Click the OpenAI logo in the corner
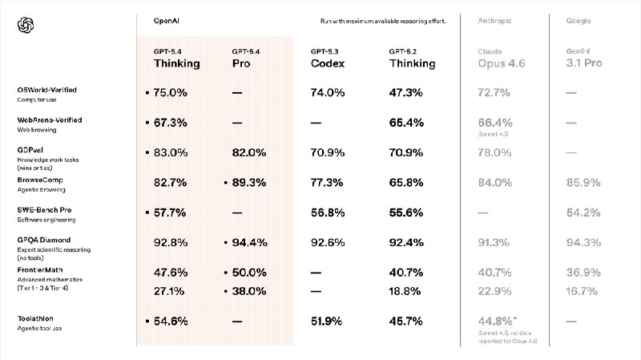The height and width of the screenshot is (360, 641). coord(26,26)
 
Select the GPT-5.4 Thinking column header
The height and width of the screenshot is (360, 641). coord(177,59)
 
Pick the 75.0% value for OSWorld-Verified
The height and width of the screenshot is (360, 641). coord(170,93)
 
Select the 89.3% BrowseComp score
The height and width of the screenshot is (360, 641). coord(248,182)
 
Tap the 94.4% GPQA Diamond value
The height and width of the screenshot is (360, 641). coord(248,242)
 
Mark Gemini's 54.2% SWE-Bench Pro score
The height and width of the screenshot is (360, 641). coord(582,212)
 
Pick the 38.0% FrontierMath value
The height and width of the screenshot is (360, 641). coord(248,292)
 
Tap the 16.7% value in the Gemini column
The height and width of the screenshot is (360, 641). coord(582,292)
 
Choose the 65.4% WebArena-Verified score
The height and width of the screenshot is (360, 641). coord(406,123)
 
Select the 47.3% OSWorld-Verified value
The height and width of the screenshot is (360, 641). coord(406,93)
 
